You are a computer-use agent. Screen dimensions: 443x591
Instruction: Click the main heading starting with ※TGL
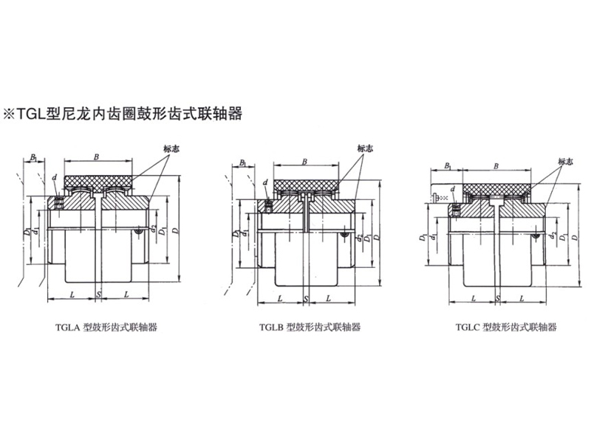tap(123, 114)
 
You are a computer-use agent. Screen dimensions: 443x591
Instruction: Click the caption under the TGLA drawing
tap(109, 326)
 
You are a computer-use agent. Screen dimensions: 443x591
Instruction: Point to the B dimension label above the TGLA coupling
tap(98, 156)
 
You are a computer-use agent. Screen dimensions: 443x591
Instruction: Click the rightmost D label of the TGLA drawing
tap(174, 231)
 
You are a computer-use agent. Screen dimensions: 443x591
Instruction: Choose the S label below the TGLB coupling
tap(307, 298)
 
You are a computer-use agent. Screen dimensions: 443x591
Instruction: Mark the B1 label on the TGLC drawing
tap(447, 167)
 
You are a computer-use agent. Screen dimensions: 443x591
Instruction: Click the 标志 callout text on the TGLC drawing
tap(566, 161)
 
